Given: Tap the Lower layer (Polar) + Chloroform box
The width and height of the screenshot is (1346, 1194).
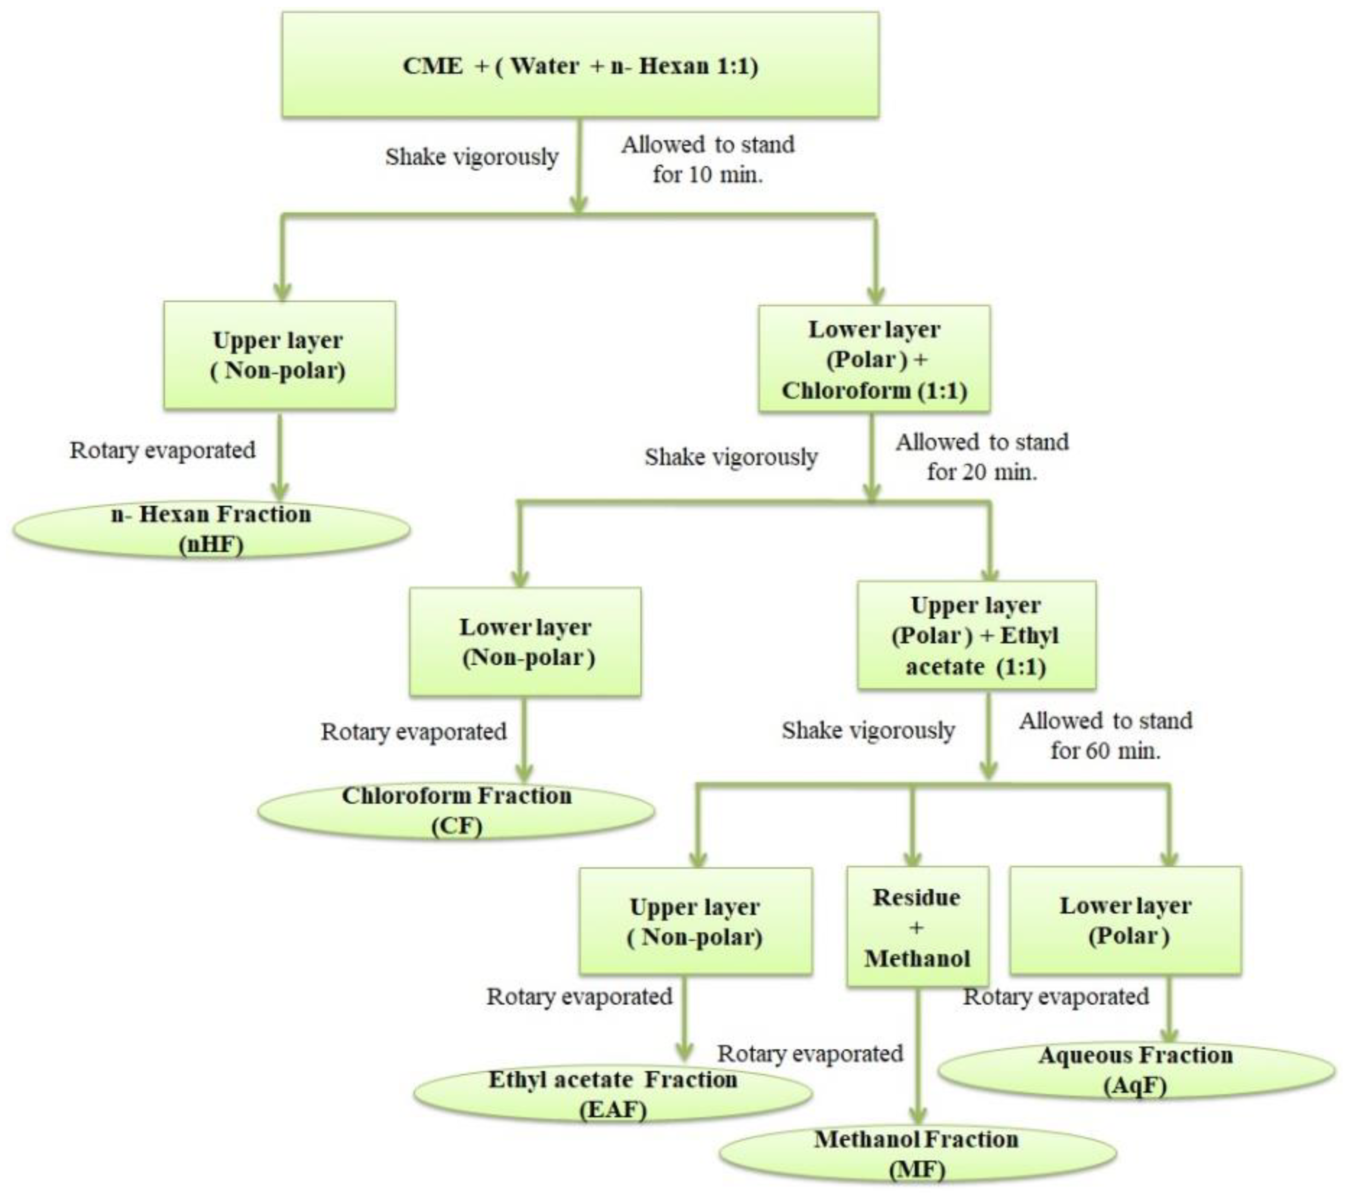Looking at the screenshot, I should [x=874, y=360].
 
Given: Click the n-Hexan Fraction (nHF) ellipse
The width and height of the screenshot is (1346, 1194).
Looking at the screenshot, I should [x=211, y=530].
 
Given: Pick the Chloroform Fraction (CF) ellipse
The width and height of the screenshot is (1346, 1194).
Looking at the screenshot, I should [x=456, y=811].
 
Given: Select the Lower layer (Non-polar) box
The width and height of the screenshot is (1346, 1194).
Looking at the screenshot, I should [x=525, y=642].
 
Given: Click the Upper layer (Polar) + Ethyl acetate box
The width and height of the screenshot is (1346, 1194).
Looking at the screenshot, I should [x=976, y=636].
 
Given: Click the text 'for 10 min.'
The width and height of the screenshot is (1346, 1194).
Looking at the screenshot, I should [x=707, y=175].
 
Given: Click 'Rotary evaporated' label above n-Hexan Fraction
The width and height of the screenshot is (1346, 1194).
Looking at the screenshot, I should [x=163, y=450].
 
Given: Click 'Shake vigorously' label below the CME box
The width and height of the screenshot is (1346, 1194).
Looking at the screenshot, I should [x=472, y=157].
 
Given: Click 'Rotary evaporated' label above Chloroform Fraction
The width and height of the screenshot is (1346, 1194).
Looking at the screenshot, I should [x=414, y=732].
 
